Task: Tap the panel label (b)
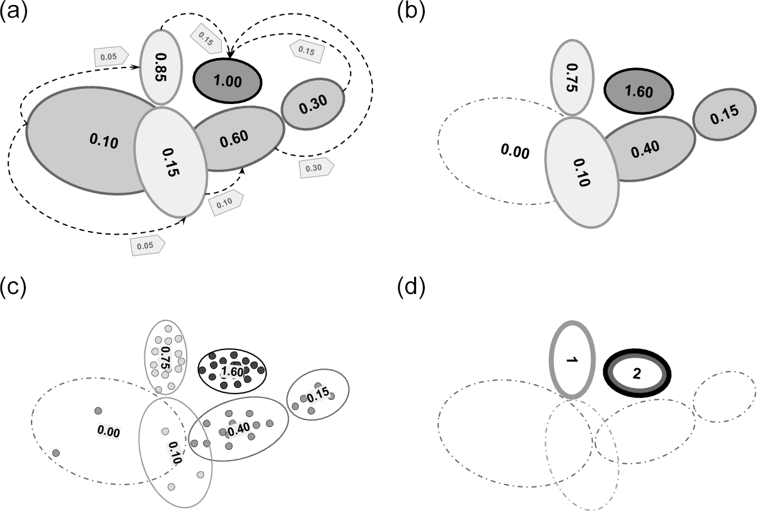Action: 412,12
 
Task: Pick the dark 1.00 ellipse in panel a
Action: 227,81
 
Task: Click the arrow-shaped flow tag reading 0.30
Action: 315,168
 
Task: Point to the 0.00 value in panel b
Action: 514,151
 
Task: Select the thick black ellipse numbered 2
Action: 637,373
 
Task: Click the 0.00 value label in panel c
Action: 108,432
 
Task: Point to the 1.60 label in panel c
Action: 233,372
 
